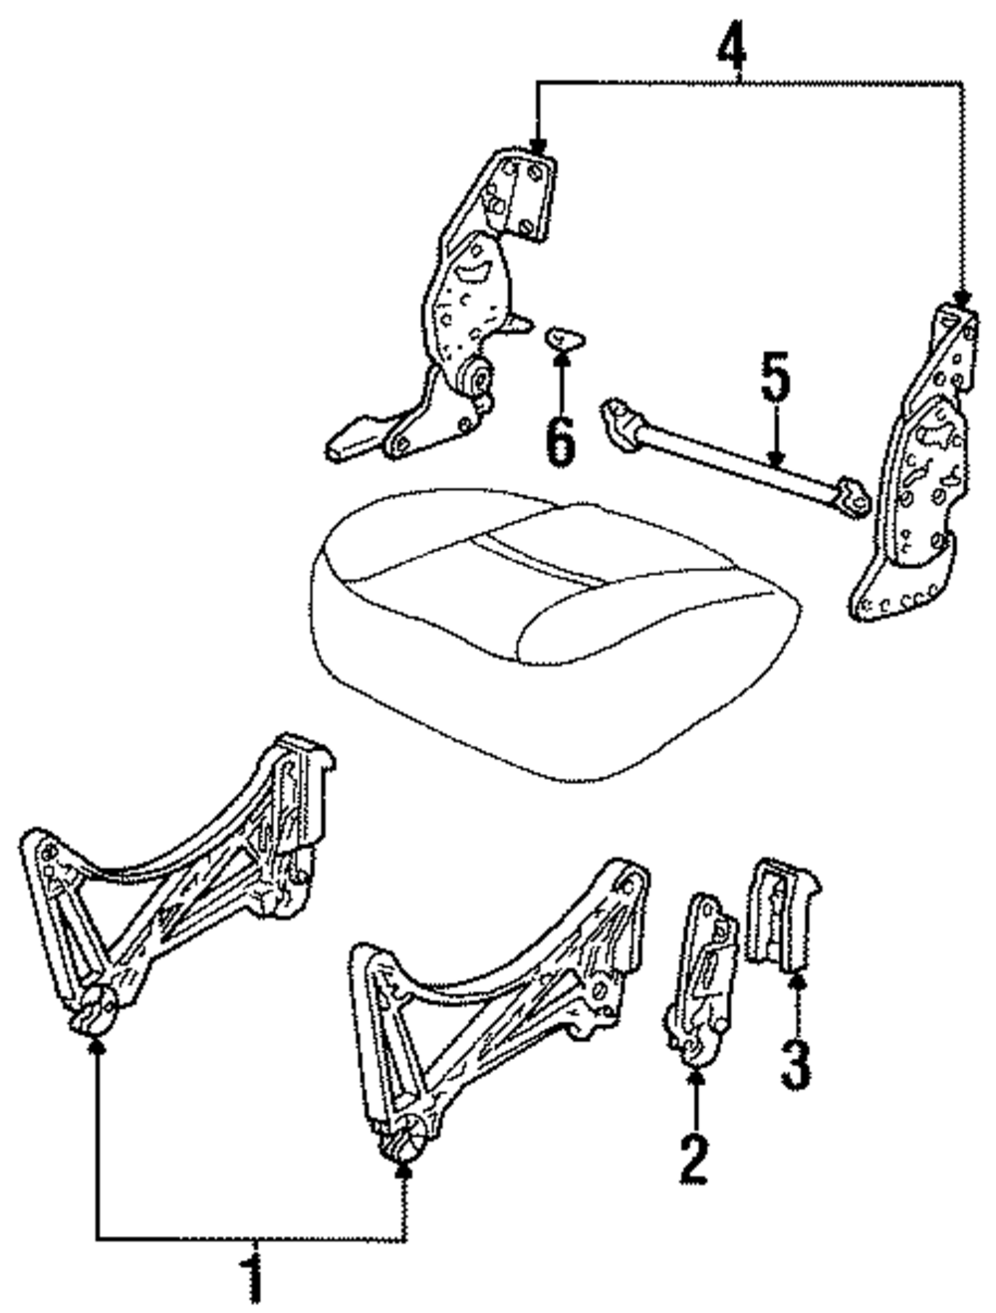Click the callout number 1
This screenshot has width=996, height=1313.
coord(255,1279)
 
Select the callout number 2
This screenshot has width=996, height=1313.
coord(694,1160)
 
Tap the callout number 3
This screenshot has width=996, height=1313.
coord(795,1063)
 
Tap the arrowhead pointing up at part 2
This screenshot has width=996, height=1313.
coord(695,1074)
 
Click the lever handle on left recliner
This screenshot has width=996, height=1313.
coord(349,439)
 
